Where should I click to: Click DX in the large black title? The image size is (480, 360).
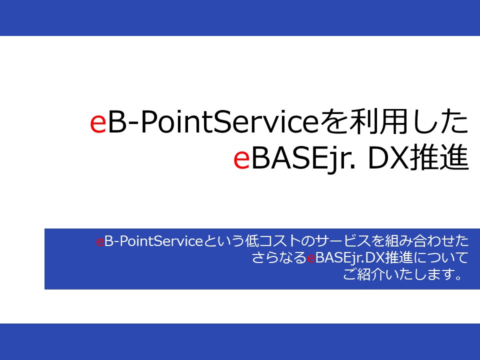point(387,158)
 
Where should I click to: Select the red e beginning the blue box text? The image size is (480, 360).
point(100,242)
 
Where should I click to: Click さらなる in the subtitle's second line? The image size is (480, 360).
point(279,258)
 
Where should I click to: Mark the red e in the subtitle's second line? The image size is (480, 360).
point(311,258)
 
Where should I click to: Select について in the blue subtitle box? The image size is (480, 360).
point(441,258)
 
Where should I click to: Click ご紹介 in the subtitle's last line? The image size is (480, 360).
point(363,274)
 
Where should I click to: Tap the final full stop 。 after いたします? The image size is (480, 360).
point(458,278)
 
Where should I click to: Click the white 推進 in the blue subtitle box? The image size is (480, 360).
point(399,257)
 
